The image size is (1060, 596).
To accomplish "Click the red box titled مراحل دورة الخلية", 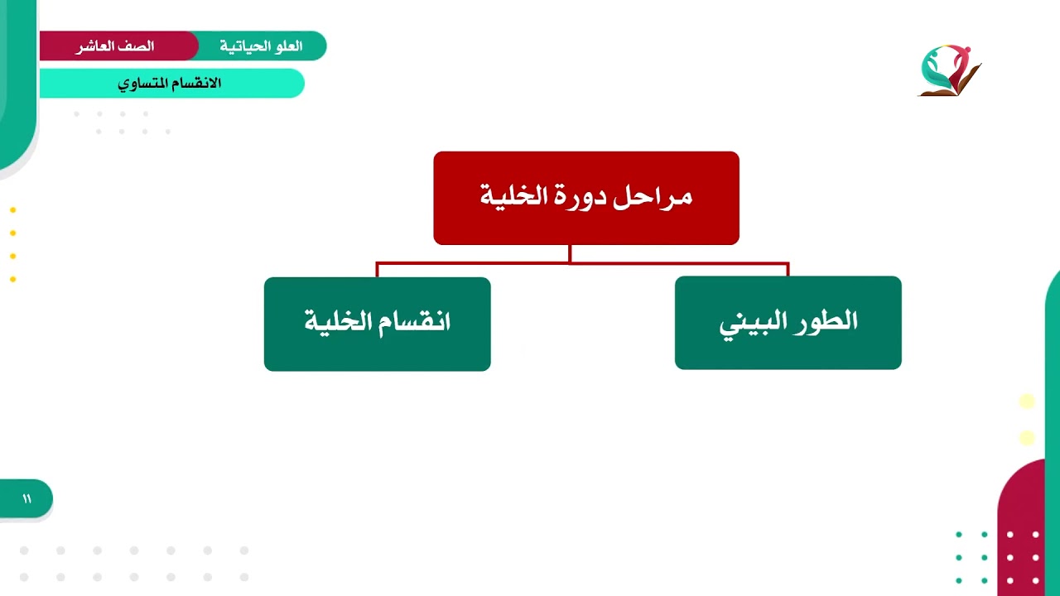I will (x=585, y=198).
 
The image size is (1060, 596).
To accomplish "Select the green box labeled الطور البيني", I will (x=788, y=323).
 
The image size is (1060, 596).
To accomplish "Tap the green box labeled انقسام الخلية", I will (x=377, y=324).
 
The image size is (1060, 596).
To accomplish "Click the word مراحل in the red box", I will (x=661, y=197).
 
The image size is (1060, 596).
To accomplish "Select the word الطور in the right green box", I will (x=824, y=322).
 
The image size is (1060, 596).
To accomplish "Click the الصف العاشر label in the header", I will (x=115, y=46).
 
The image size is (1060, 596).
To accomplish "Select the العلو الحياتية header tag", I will (x=261, y=46).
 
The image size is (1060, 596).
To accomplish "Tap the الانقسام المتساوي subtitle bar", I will (x=170, y=84).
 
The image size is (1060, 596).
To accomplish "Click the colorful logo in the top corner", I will (x=949, y=70).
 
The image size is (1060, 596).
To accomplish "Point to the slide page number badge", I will (x=26, y=498).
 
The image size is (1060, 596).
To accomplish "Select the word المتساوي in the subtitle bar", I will (x=144, y=84).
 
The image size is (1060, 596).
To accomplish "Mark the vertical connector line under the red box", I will (x=570, y=254).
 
